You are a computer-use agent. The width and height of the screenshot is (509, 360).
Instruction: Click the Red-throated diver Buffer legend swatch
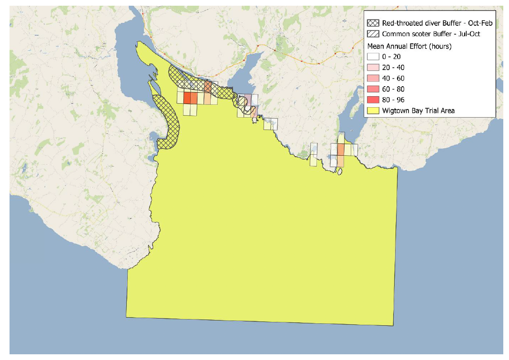pyautogui.click(x=374, y=23)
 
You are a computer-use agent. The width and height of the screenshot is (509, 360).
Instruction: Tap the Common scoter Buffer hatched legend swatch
pyautogui.click(x=374, y=34)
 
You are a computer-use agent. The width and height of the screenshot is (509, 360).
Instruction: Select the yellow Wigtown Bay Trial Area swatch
pyautogui.click(x=374, y=110)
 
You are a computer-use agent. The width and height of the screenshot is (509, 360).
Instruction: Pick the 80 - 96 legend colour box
pyautogui.click(x=374, y=100)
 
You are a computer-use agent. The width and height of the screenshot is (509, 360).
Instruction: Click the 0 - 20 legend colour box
pyautogui.click(x=374, y=57)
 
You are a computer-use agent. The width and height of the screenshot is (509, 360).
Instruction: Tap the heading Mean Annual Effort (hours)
pyautogui.click(x=409, y=46)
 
